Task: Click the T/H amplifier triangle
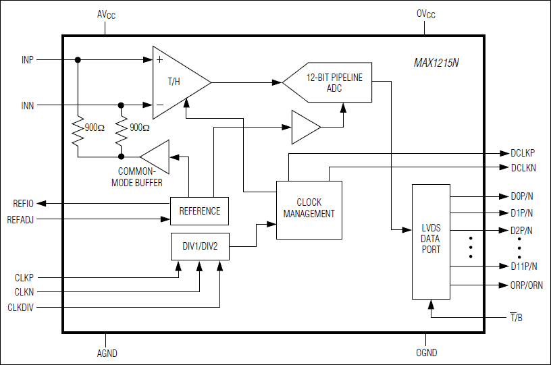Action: click(177, 82)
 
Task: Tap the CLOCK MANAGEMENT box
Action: click(309, 208)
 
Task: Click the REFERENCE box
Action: click(199, 211)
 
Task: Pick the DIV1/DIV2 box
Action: click(200, 248)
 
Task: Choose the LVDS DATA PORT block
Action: click(431, 241)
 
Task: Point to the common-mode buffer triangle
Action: click(157, 157)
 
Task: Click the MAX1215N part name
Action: click(436, 63)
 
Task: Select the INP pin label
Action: click(27, 60)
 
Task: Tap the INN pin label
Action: click(27, 105)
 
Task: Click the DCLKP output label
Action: click(523, 153)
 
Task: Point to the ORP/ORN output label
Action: click(526, 285)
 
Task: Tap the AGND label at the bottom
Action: click(106, 353)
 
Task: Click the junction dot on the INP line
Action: click(78, 60)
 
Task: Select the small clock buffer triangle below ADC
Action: click(305, 128)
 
